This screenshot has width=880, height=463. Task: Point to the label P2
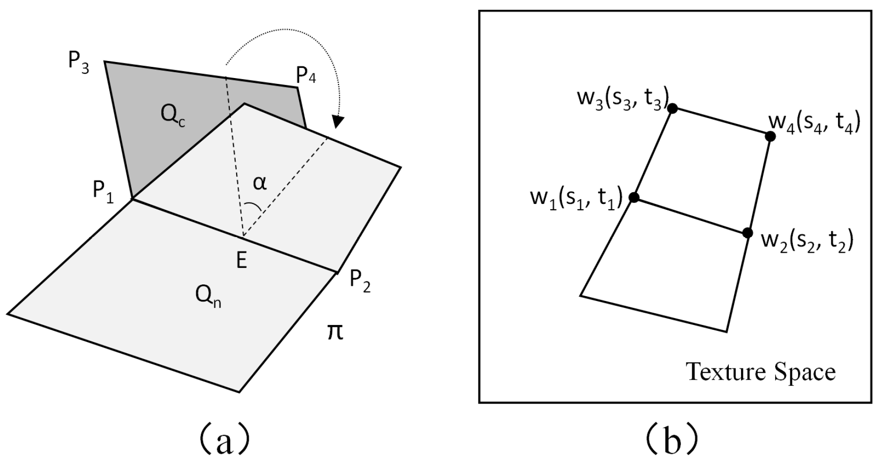360,282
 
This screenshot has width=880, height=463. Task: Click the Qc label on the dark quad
172,115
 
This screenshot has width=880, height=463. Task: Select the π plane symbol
335,332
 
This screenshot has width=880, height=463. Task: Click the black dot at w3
672,108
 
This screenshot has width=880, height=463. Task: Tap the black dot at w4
770,136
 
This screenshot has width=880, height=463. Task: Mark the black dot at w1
634,197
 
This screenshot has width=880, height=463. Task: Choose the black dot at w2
747,233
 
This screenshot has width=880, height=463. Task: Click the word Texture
720,372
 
